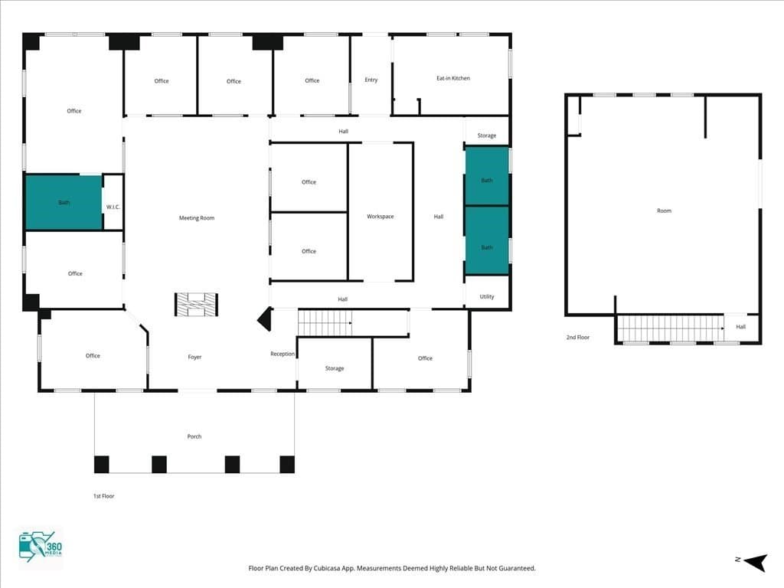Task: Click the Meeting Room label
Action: [x=197, y=218]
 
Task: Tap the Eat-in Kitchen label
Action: [x=453, y=78]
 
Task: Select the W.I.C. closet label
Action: [x=113, y=207]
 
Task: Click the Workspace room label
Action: [x=380, y=217]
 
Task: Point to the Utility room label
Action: [x=486, y=296]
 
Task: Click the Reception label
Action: [x=283, y=354]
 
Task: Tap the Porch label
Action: [x=194, y=436]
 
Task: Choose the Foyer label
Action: [x=194, y=357]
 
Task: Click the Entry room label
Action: [x=371, y=80]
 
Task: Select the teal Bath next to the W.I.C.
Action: [x=64, y=202]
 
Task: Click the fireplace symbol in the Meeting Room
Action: [x=196, y=305]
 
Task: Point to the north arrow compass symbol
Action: [x=756, y=562]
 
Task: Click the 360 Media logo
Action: [x=41, y=547]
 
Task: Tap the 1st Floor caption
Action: [x=103, y=496]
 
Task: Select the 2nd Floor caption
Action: [x=577, y=338]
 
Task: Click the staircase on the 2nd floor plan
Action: [x=671, y=328]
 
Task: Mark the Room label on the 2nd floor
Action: [x=664, y=211]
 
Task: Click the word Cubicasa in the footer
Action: [x=328, y=569]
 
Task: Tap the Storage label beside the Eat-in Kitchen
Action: [x=486, y=136]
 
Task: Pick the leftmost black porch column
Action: [x=102, y=465]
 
